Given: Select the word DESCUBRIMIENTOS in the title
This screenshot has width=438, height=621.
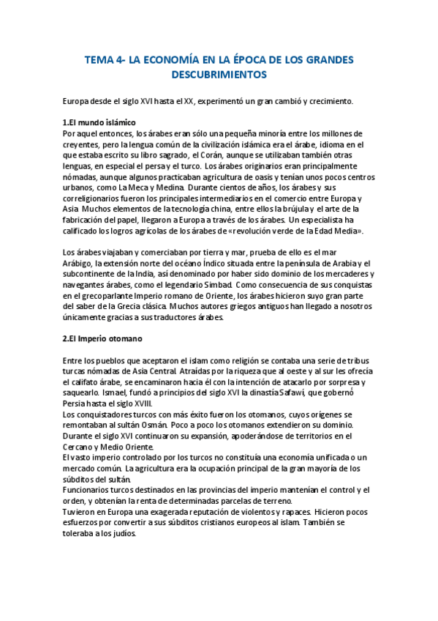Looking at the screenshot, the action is (219, 75).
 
